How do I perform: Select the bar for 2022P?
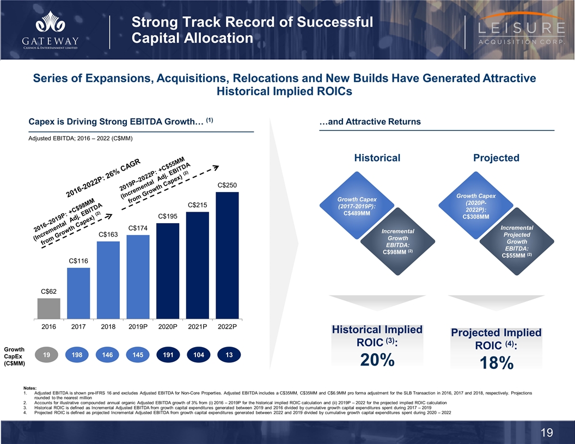tap(228, 255)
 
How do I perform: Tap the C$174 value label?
tap(138, 227)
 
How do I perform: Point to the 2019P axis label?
tap(138, 328)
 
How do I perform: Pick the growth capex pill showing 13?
tap(228, 355)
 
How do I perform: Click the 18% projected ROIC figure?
tap(496, 363)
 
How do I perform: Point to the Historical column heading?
tap(377, 158)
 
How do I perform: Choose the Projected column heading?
tap(496, 158)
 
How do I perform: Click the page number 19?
tap(547, 433)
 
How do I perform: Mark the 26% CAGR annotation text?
tap(103, 178)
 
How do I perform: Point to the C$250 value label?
tap(228, 185)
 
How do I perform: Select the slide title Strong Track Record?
tap(253, 30)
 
